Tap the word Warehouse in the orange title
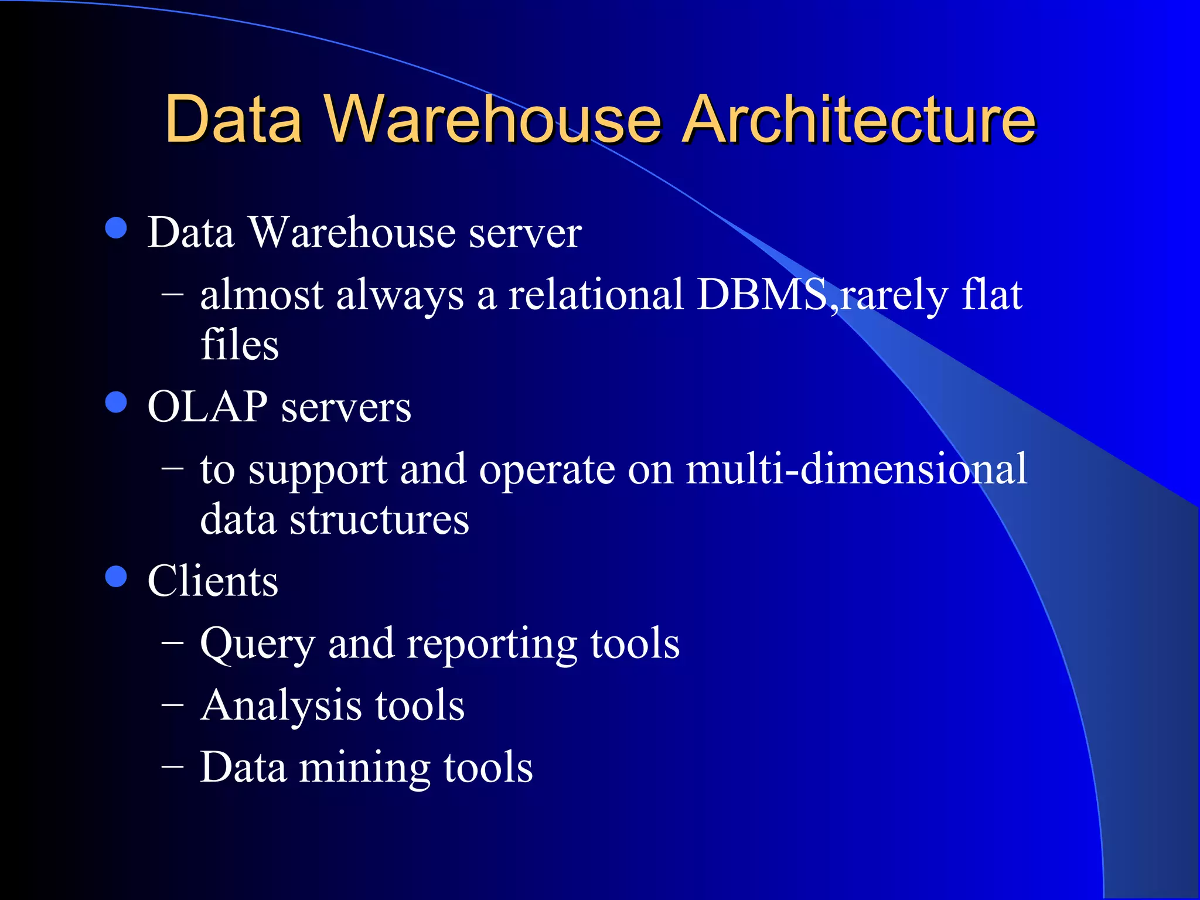(x=494, y=120)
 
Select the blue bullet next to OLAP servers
(x=116, y=403)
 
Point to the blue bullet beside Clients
(x=116, y=577)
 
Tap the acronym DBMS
(x=762, y=294)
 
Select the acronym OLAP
(x=207, y=407)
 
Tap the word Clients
(x=213, y=581)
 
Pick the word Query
(x=258, y=645)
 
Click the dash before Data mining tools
(x=172, y=766)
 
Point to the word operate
(x=547, y=470)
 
